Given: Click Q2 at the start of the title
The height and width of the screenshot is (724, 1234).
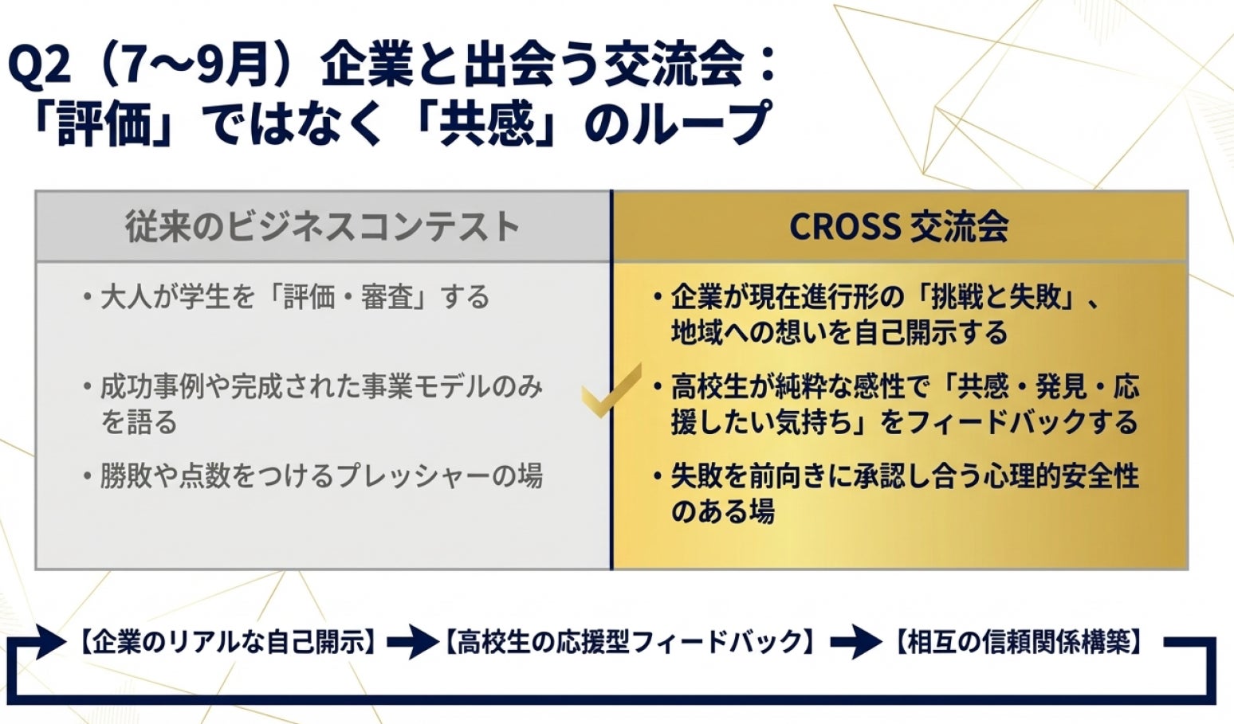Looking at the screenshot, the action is pyautogui.click(x=40, y=68).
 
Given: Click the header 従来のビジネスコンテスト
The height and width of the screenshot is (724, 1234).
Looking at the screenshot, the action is pyautogui.click(x=323, y=226).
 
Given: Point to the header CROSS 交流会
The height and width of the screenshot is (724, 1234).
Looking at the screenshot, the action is pyautogui.click(x=899, y=226).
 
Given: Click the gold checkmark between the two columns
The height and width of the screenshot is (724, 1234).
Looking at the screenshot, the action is pyautogui.click(x=611, y=390).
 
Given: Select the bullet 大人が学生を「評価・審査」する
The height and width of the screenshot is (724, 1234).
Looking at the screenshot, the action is pyautogui.click(x=295, y=298).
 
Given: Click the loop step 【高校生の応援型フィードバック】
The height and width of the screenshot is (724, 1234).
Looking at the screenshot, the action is pyautogui.click(x=629, y=641).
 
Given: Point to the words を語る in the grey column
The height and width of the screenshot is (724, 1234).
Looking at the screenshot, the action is pyautogui.click(x=139, y=423).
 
